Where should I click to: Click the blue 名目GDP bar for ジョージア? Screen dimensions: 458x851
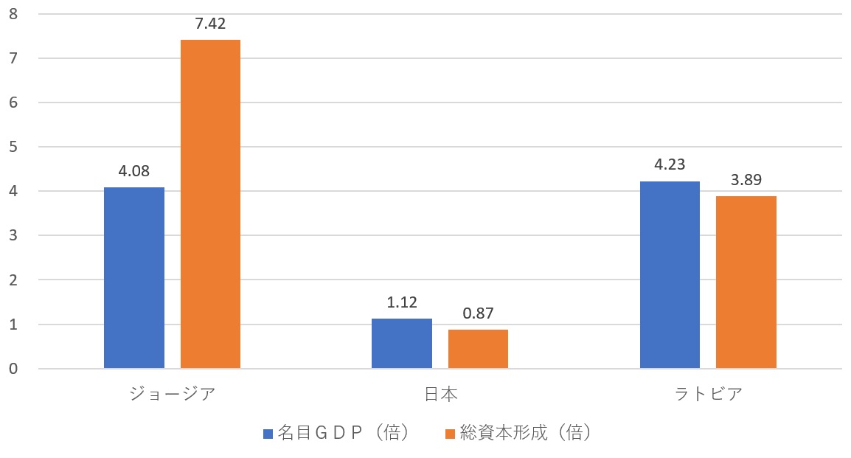[134, 278]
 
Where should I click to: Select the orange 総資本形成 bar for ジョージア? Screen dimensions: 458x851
[210, 204]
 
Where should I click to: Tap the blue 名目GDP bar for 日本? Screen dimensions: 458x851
[402, 344]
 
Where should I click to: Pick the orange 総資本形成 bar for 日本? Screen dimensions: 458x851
[478, 349]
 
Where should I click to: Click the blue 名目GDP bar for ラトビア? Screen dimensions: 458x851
[670, 275]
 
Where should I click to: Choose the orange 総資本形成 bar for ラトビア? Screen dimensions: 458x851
[746, 282]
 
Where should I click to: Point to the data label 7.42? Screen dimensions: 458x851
[210, 24]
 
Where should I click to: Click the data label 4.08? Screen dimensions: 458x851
[134, 172]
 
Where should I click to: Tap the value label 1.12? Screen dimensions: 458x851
[402, 303]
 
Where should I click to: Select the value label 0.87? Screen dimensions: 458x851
[478, 314]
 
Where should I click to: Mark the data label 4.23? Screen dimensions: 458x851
[670, 165]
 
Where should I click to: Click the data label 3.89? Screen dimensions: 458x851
[746, 181]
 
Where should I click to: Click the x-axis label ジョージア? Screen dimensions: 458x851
[172, 394]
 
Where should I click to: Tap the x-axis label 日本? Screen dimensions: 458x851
[440, 394]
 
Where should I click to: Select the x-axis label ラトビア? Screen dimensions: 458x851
[708, 394]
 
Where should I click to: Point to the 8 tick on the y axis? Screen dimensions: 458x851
[13, 14]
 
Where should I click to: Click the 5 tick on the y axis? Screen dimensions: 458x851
[13, 147]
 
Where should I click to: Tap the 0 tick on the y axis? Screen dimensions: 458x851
[13, 369]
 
